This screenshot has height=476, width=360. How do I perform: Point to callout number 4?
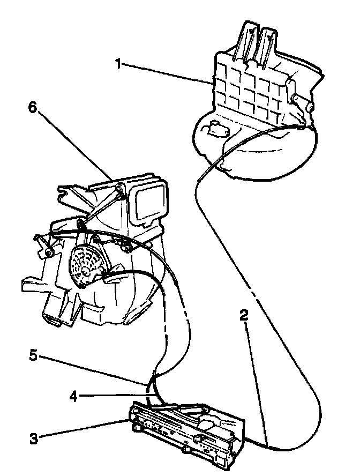click(73, 397)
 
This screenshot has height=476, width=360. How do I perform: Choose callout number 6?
click(33, 108)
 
